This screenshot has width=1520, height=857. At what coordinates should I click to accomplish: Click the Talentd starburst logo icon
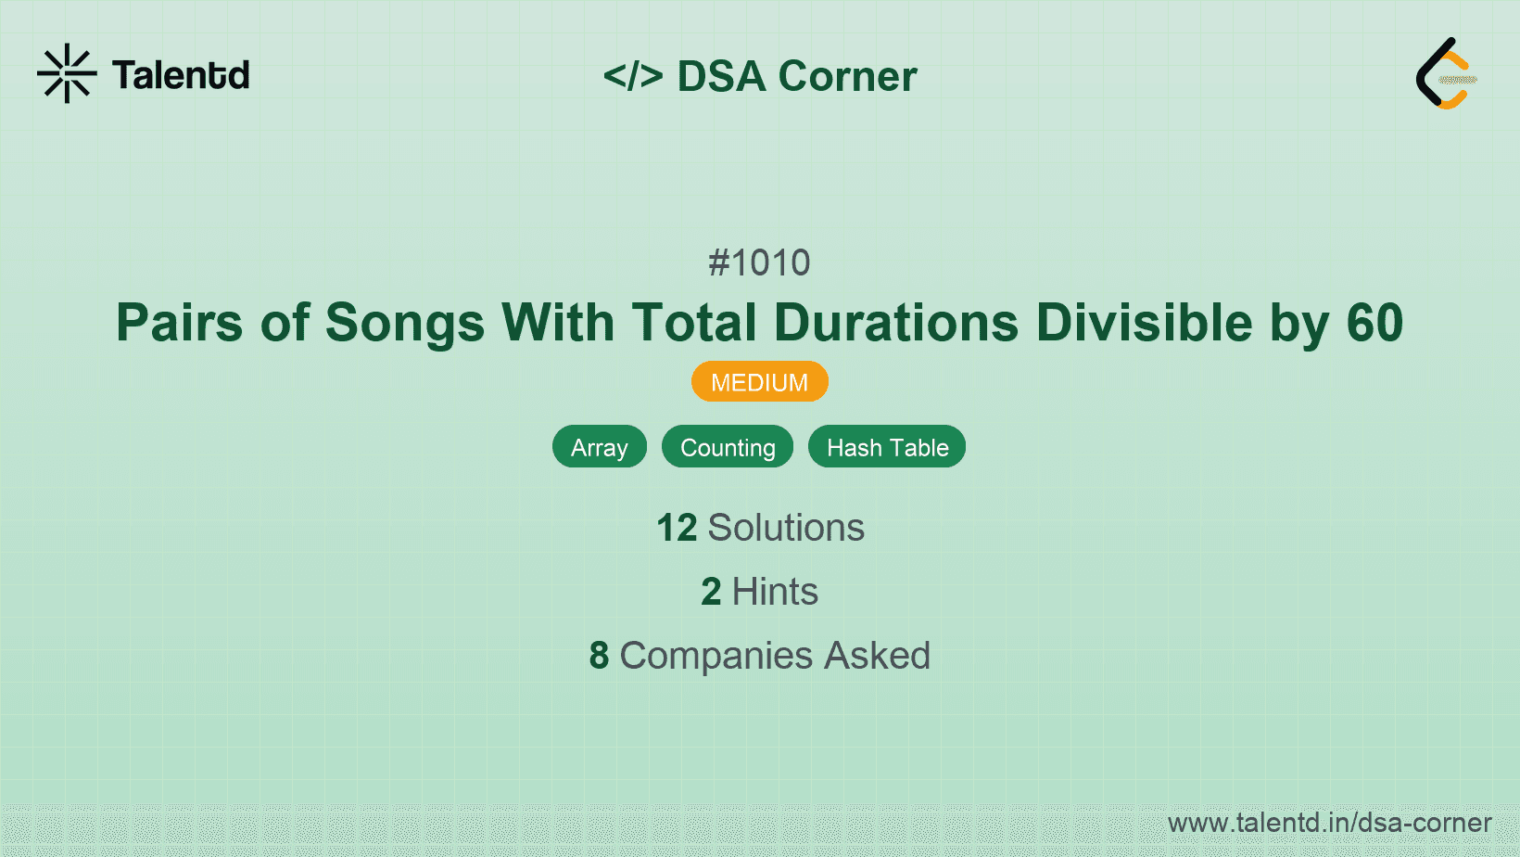67,73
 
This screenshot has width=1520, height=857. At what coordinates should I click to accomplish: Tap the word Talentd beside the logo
181,75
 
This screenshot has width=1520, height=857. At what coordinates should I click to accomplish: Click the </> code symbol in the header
633,76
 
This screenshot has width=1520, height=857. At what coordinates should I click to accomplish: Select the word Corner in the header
847,76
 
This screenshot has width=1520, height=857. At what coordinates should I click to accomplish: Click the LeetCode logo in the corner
1446,73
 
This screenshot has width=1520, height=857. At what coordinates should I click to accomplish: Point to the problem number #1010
759,263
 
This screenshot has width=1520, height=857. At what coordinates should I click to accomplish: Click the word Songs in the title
404,323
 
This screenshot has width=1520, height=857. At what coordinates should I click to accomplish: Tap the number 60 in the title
1374,323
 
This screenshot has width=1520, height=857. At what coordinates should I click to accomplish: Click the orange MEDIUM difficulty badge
759,382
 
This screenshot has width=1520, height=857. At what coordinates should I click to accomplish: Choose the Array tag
600,447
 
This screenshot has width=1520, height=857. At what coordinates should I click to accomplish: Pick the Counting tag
728,447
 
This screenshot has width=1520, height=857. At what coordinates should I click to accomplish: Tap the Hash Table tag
887,447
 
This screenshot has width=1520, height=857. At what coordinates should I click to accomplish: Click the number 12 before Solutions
677,528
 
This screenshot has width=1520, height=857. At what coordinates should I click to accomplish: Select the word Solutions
786,528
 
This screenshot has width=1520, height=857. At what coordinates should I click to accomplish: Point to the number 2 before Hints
711,592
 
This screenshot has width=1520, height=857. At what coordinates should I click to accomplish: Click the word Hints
775,592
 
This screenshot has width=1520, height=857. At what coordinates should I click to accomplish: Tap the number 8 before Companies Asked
599,656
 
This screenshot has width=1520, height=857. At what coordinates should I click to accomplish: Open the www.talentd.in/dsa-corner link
1329,823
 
